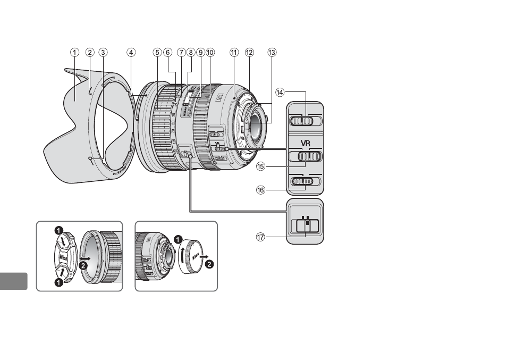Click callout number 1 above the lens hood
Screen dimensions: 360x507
coord(75,52)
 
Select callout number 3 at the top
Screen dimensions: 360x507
coord(103,52)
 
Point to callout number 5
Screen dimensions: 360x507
coord(157,52)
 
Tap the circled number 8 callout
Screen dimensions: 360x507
coord(190,52)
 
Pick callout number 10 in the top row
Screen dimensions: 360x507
coord(210,52)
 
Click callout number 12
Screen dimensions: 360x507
coord(249,52)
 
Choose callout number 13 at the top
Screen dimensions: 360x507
coord(272,52)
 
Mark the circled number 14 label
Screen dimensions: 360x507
coord(280,91)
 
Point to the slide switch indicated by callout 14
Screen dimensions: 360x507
coord(305,122)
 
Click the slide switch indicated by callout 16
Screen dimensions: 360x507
coord(305,182)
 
